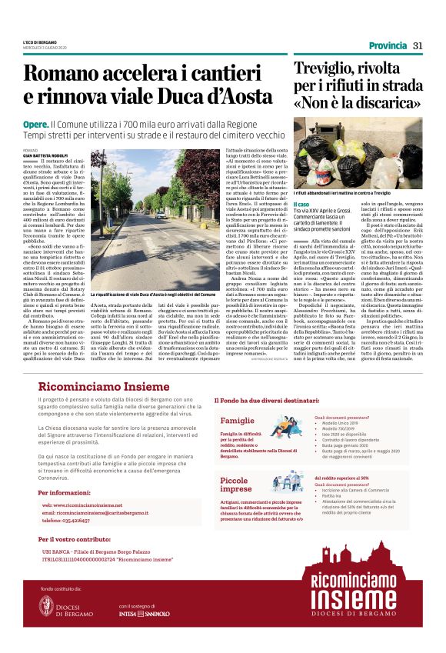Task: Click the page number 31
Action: tap(418, 45)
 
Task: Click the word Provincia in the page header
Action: tap(387, 45)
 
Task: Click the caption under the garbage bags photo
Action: tap(350, 190)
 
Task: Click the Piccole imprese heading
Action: tap(235, 484)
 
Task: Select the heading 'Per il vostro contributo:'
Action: tap(79, 539)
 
